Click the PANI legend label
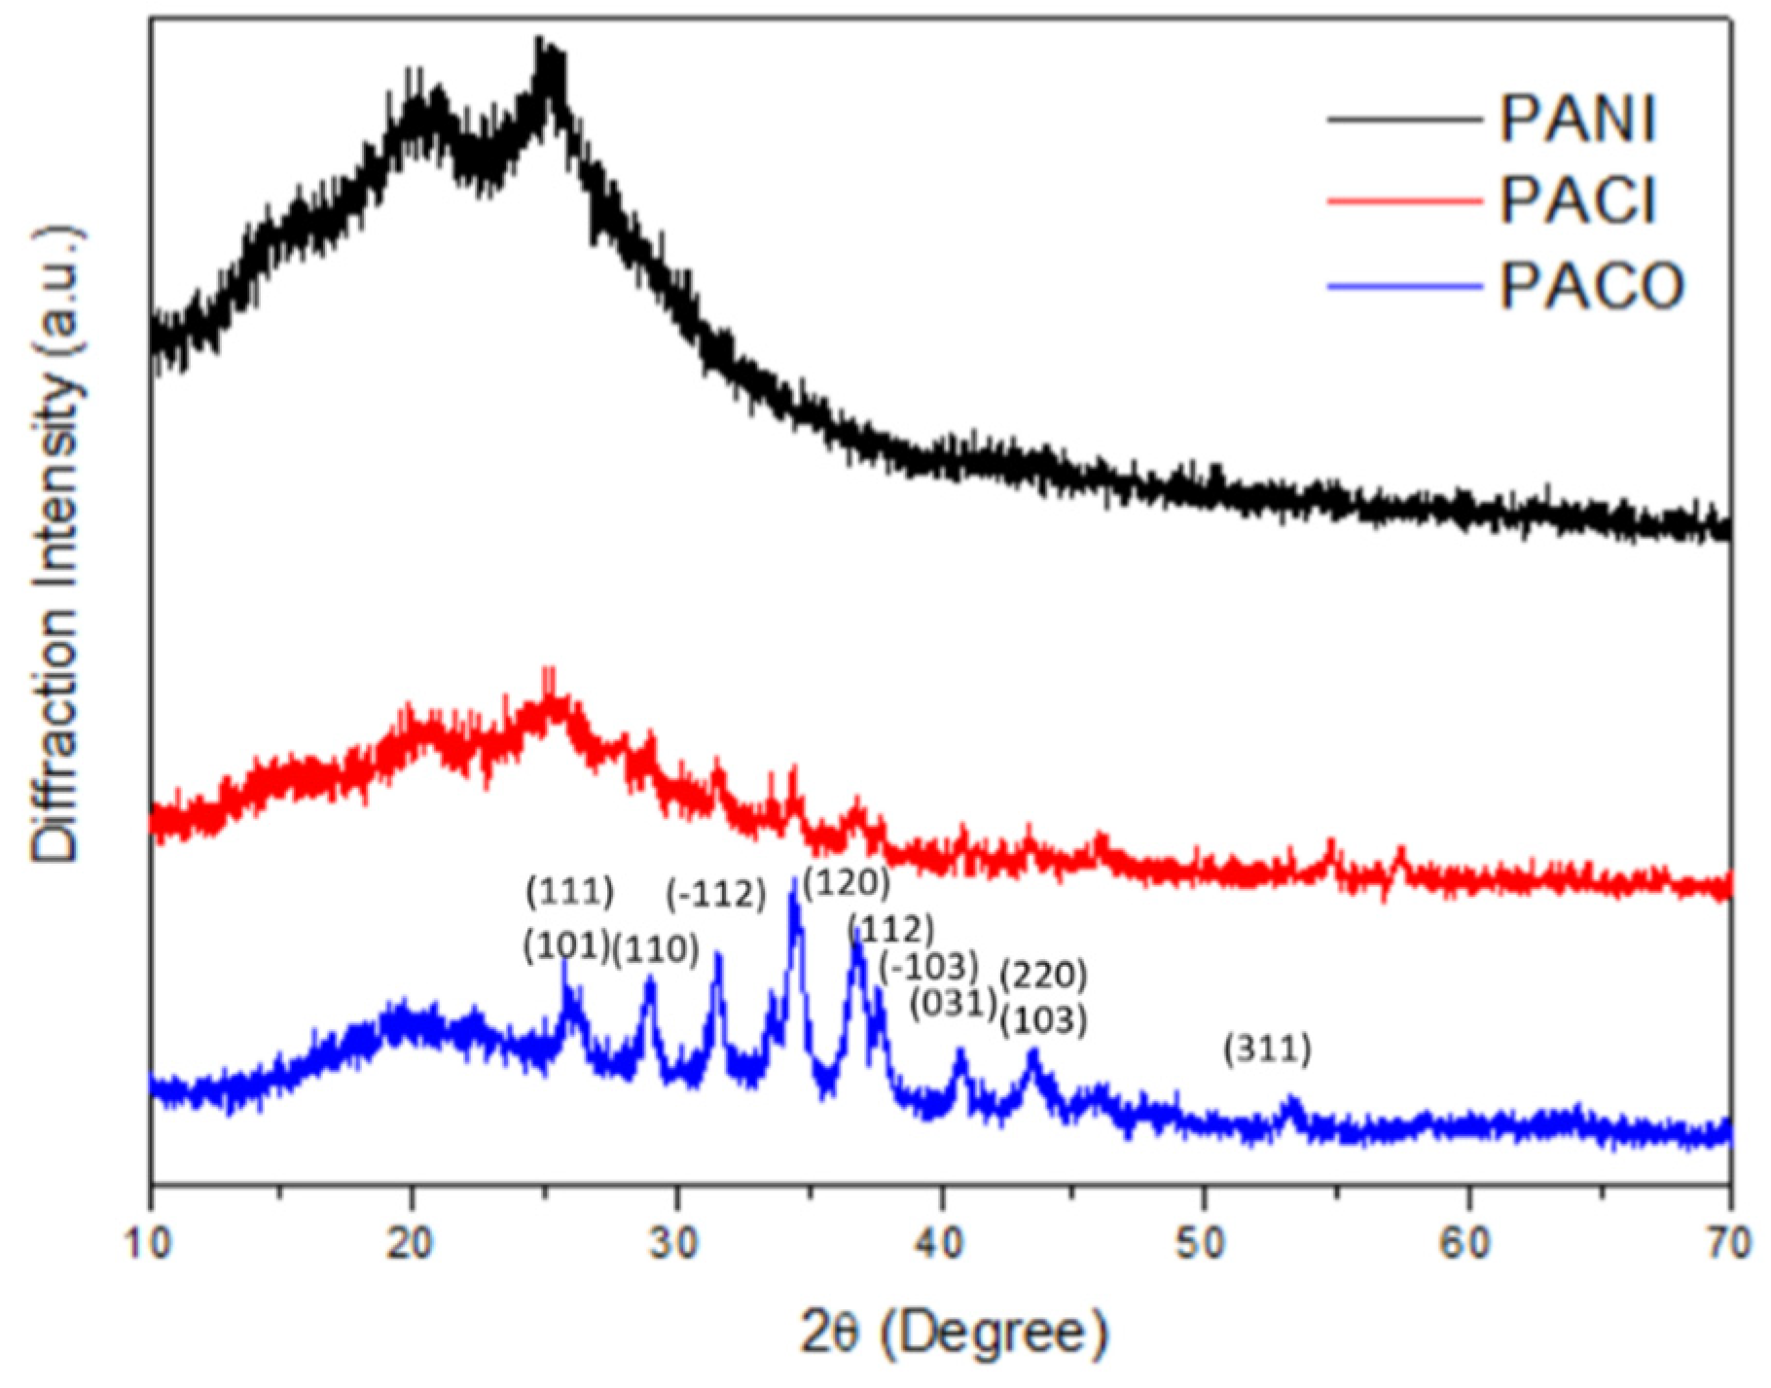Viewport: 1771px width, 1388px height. pyautogui.click(x=1577, y=120)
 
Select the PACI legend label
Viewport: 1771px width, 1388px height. pyautogui.click(x=1577, y=202)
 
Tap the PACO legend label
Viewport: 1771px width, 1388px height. pyautogui.click(x=1591, y=287)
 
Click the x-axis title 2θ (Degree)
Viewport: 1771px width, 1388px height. pyautogui.click(x=954, y=1334)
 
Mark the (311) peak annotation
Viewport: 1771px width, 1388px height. pyautogui.click(x=1268, y=1050)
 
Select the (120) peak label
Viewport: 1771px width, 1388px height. pyautogui.click(x=847, y=882)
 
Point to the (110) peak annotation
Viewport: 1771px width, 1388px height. pyautogui.click(x=656, y=950)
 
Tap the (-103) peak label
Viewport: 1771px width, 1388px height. pyautogui.click(x=927, y=967)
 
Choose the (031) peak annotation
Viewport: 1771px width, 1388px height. pyautogui.click(x=954, y=1004)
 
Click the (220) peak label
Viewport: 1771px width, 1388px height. pyautogui.click(x=1044, y=974)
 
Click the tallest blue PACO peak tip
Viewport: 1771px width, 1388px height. pyautogui.click(x=794, y=879)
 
